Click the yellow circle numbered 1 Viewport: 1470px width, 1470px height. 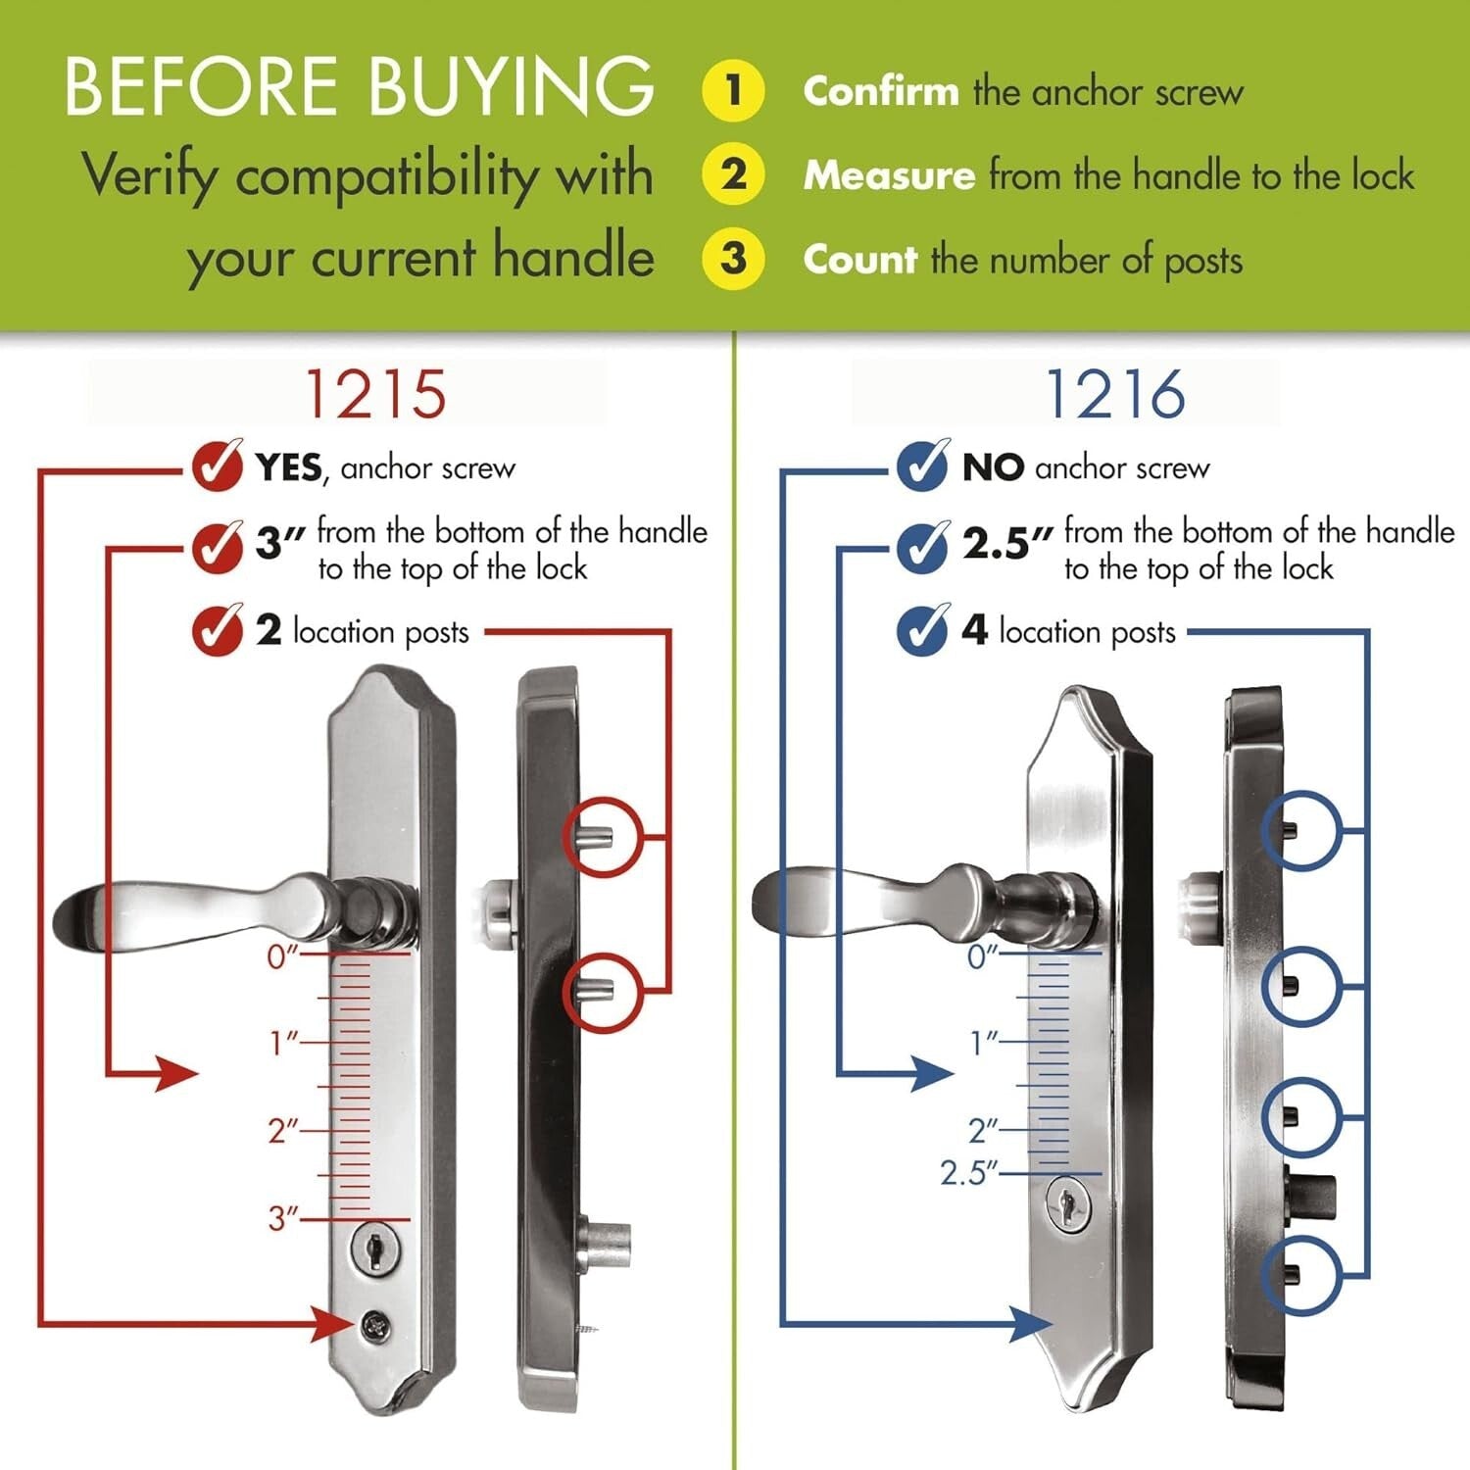[733, 90]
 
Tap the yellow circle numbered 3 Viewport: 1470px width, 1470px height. [733, 260]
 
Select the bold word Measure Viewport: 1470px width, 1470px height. [889, 176]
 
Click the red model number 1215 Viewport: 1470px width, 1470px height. [376, 395]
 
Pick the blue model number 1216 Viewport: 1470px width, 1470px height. [1115, 395]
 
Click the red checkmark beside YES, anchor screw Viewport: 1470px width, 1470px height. [217, 465]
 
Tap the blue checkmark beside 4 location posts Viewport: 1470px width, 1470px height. [922, 630]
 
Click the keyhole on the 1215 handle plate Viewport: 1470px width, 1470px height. [373, 1249]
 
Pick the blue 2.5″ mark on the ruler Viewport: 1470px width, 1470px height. [967, 1173]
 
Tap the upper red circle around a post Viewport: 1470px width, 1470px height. [602, 837]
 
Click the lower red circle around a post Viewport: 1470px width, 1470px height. [602, 991]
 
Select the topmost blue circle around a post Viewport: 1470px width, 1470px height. [1299, 830]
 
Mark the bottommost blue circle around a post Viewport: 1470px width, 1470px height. [1299, 1275]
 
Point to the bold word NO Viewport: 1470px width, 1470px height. [992, 468]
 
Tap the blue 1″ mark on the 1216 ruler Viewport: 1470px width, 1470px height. [983, 1043]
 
